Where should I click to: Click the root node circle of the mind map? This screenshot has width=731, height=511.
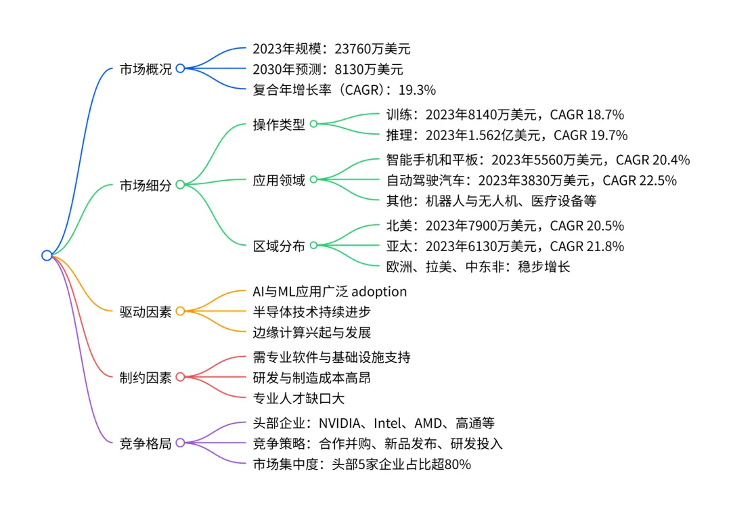tap(46, 255)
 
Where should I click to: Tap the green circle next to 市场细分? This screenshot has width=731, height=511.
tap(180, 184)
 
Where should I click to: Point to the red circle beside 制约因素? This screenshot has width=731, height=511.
tap(180, 377)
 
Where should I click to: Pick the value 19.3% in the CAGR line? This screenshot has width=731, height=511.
tap(418, 89)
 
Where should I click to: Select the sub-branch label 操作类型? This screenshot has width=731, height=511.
tap(278, 125)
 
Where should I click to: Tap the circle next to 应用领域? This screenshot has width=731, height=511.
tap(313, 180)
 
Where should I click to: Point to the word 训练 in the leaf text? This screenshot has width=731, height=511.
tap(396, 114)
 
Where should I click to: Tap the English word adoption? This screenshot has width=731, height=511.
tap(378, 291)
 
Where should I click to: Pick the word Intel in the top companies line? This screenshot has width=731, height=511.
tap(392, 423)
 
